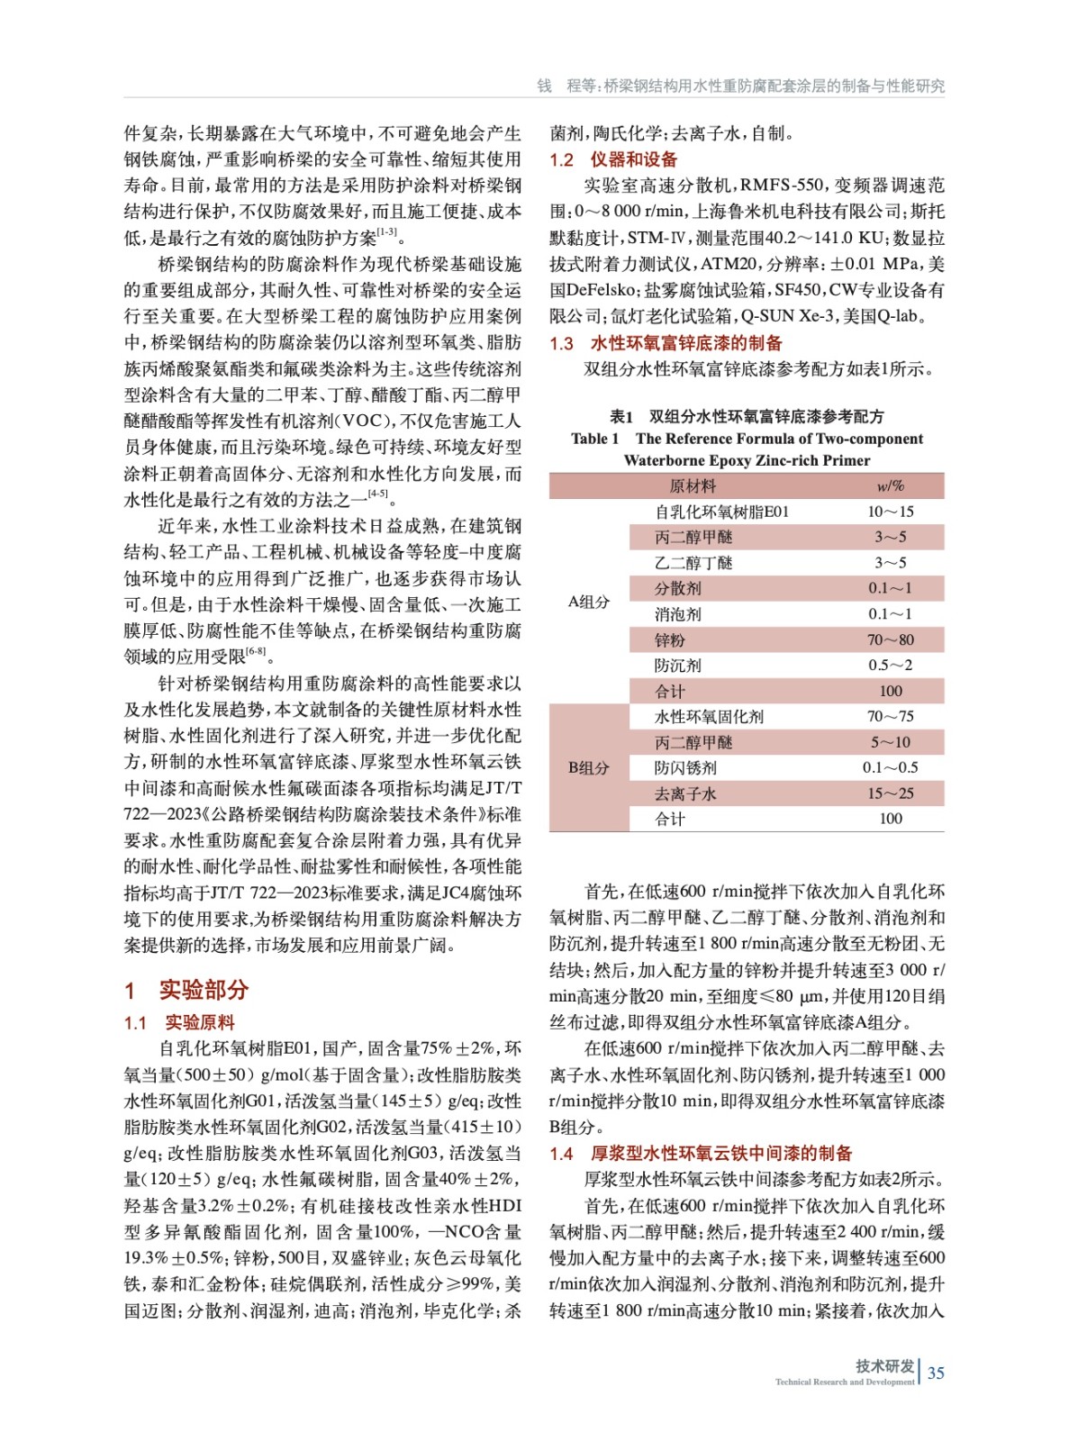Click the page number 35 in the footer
[936, 1373]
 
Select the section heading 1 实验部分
[186, 990]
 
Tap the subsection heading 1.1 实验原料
[179, 1022]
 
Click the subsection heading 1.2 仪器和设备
[613, 159]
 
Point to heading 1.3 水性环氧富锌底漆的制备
[666, 343]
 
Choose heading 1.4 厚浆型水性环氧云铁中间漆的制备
[701, 1153]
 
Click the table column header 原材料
[692, 486]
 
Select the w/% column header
[890, 486]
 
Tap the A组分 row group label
[588, 602]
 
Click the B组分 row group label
[588, 767]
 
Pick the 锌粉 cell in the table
[670, 639]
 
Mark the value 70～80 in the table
[890, 639]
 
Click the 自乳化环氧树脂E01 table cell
[721, 512]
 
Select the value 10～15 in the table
[890, 512]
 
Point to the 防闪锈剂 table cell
[685, 767]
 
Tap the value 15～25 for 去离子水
[890, 793]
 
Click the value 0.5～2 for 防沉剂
[890, 665]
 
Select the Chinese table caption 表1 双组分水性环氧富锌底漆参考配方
[747, 416]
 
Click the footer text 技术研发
[884, 1365]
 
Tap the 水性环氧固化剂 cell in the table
[709, 716]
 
